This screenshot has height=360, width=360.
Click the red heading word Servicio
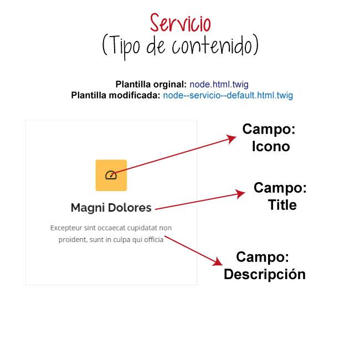click(x=180, y=23)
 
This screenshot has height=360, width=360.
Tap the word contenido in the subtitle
click(x=214, y=46)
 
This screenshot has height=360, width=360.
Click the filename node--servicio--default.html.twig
click(x=228, y=95)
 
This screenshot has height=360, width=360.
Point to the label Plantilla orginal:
click(x=151, y=84)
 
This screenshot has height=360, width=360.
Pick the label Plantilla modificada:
click(x=116, y=95)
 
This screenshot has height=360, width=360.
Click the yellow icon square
click(x=111, y=175)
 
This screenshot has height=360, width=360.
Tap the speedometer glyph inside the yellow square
click(x=110, y=176)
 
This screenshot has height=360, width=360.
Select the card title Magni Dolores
click(x=111, y=208)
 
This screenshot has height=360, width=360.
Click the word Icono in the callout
click(x=271, y=147)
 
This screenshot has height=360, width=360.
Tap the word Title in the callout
click(x=282, y=205)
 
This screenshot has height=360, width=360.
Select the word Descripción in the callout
click(x=265, y=274)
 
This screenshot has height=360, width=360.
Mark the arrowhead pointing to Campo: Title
click(x=241, y=194)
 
